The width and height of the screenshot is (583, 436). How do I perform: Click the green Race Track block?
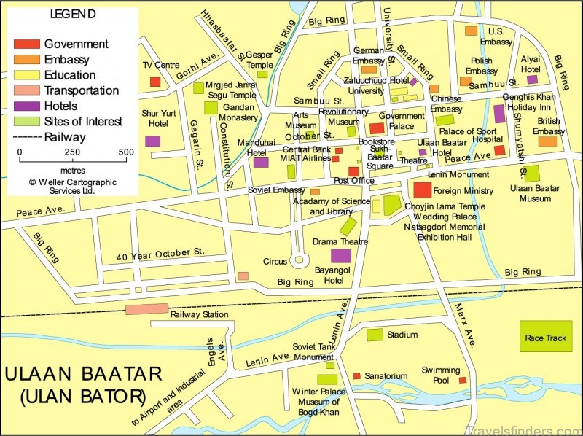coord(546,337)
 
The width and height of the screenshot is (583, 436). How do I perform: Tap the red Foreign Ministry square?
coord(422,190)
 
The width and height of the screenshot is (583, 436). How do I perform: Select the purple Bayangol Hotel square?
coord(341,255)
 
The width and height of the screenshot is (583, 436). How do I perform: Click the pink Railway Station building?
coord(146,309)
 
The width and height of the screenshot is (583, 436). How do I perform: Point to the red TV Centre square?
coord(155,82)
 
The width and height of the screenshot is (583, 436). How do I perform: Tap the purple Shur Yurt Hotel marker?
coord(152,141)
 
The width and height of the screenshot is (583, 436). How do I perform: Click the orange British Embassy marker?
coord(547,141)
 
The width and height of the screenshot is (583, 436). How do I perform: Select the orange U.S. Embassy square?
coord(471,31)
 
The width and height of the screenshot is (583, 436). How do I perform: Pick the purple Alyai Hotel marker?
coord(532,79)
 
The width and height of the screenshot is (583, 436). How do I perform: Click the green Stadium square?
coord(375,335)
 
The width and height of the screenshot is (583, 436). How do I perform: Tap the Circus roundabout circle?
coord(297,260)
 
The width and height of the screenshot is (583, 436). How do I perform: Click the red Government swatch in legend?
coord(27,44)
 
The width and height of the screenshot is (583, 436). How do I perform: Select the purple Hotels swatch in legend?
coord(27,106)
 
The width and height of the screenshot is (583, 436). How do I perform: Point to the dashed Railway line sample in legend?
coord(27,137)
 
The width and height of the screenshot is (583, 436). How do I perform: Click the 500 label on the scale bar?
coord(126,152)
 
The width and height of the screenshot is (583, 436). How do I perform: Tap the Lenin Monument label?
coord(458,175)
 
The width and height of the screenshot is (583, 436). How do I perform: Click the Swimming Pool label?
coord(440,375)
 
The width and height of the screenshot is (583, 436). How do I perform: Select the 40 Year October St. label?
coord(160,253)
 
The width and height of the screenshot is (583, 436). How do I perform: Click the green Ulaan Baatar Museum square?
coord(532,173)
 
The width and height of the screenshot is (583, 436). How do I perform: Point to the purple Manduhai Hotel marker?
coord(261,163)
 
